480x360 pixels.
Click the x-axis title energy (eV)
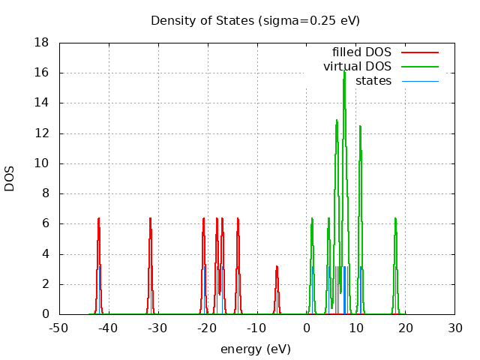coord(255,349)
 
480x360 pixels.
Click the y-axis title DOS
coord(10,178)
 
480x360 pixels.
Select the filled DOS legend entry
coord(362,52)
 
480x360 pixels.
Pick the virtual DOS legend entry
coord(358,67)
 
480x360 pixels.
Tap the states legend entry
coord(373,81)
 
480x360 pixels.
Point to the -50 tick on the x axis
coord(58,328)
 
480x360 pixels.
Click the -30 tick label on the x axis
coord(157,328)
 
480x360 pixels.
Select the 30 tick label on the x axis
coord(455,328)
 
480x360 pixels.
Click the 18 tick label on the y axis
coord(43,43)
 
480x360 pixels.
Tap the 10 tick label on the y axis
coord(43,163)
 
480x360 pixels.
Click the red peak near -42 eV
coord(98,219)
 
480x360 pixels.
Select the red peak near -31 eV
coord(151,219)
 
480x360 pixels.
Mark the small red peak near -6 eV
coord(277,267)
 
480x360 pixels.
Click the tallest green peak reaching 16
coord(344,72)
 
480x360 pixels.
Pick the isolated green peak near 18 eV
coord(395,219)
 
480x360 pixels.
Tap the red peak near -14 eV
coord(238,219)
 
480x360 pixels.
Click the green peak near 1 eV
coord(312,219)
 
